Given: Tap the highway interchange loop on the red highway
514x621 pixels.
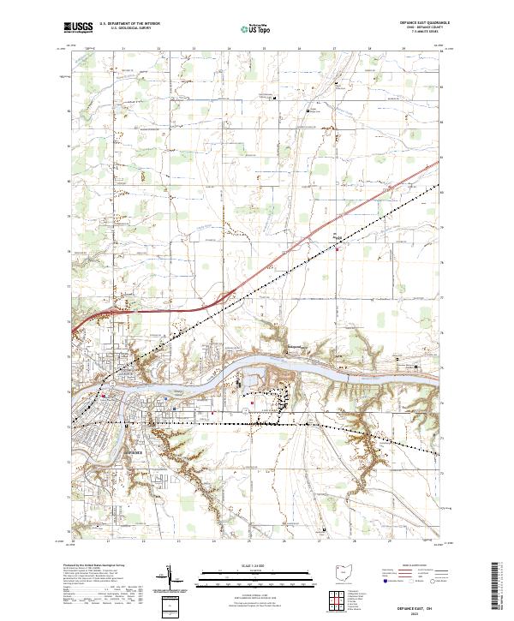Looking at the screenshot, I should click(224, 296).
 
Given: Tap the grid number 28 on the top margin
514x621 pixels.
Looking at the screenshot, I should click(369, 49).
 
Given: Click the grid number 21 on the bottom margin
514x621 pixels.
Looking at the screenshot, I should click(109, 541).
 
